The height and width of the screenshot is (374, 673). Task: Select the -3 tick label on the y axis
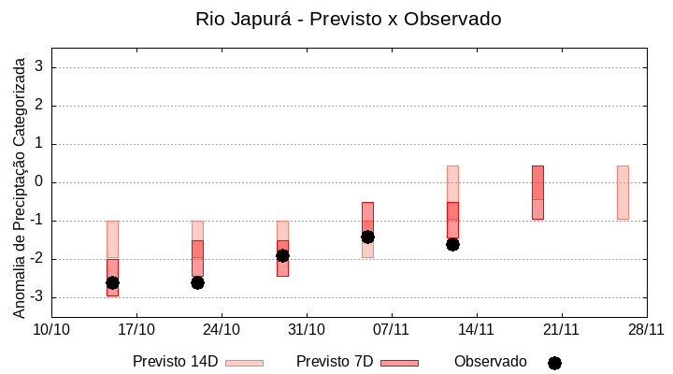(37, 297)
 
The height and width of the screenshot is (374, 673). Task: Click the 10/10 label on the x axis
(51, 329)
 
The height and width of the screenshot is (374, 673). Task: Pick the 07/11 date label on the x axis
(392, 329)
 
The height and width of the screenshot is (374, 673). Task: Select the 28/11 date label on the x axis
(646, 329)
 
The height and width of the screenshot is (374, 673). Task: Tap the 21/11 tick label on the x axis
(561, 329)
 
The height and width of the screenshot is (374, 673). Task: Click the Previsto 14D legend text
(176, 362)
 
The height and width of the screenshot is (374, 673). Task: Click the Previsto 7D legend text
(335, 362)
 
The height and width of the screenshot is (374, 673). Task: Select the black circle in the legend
(554, 363)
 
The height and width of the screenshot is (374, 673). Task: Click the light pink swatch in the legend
(245, 363)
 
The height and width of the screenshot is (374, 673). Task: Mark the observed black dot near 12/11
(452, 244)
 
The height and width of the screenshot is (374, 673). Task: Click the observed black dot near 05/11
(367, 237)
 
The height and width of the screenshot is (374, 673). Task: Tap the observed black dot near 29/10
(282, 255)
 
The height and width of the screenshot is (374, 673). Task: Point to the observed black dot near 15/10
(112, 282)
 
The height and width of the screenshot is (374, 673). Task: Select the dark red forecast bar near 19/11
(537, 193)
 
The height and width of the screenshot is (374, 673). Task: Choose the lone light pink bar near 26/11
(623, 193)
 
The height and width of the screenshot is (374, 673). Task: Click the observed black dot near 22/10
(197, 282)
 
